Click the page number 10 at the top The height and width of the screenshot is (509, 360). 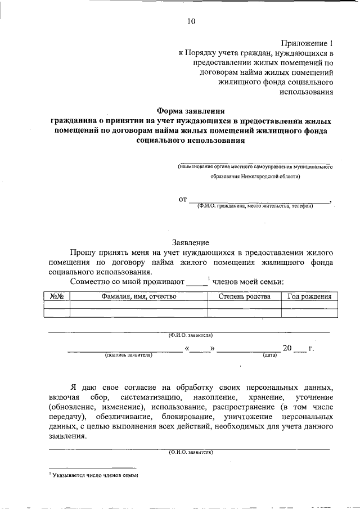[x=190, y=22]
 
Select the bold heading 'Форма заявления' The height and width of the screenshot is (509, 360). [x=190, y=111]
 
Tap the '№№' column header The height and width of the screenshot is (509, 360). [x=56, y=296]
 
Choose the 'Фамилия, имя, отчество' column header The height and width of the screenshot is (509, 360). [x=139, y=296]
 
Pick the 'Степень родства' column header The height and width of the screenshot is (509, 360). [x=245, y=296]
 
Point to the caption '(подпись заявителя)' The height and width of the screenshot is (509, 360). [x=128, y=355]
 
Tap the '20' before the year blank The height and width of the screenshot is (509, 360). [x=287, y=348]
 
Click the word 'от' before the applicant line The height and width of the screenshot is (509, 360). [x=182, y=199]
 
